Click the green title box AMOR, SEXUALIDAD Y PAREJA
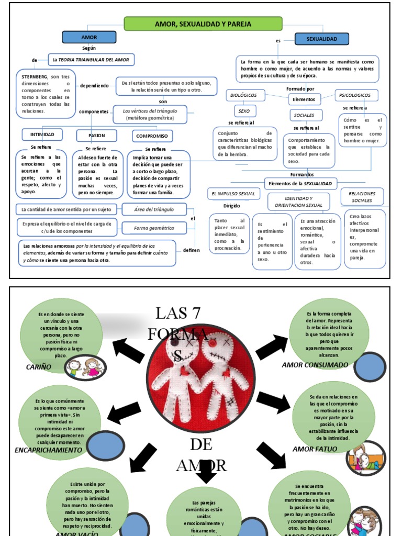203,24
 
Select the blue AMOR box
89,38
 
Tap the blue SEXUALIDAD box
321,39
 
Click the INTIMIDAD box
42,135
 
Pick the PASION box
96,136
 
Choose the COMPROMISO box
152,136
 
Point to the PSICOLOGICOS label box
355,95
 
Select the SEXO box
244,111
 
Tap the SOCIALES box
304,115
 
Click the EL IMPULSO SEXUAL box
233,194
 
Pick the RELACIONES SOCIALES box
362,197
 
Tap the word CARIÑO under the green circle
39,367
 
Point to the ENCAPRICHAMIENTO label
48,450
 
